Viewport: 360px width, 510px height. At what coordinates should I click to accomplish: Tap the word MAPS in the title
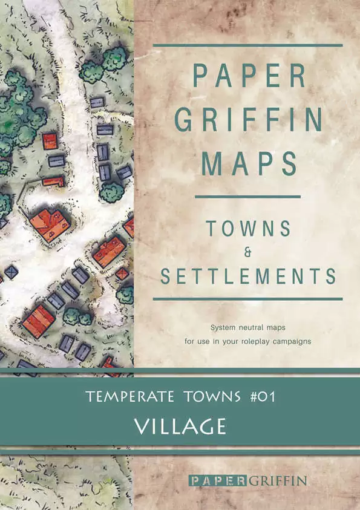point(248,163)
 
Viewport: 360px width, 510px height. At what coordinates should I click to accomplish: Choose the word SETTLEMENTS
point(248,276)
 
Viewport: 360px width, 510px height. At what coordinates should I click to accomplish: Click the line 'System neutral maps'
point(248,327)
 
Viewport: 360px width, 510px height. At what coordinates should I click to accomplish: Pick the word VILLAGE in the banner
point(180,426)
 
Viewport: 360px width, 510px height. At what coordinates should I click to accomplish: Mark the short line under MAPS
point(248,197)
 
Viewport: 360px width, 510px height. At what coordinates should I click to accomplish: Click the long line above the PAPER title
point(248,45)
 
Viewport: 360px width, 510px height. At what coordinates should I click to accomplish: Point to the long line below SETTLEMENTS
point(248,299)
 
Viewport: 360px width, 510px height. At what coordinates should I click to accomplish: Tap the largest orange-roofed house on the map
point(49,224)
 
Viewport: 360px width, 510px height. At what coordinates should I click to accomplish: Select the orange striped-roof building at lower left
point(38,321)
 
